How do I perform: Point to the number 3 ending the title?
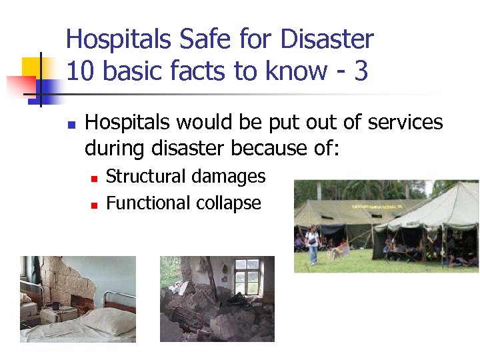pos(361,71)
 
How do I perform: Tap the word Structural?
pos(146,177)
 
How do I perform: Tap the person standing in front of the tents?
pos(312,243)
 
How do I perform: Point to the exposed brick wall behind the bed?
pos(67,280)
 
